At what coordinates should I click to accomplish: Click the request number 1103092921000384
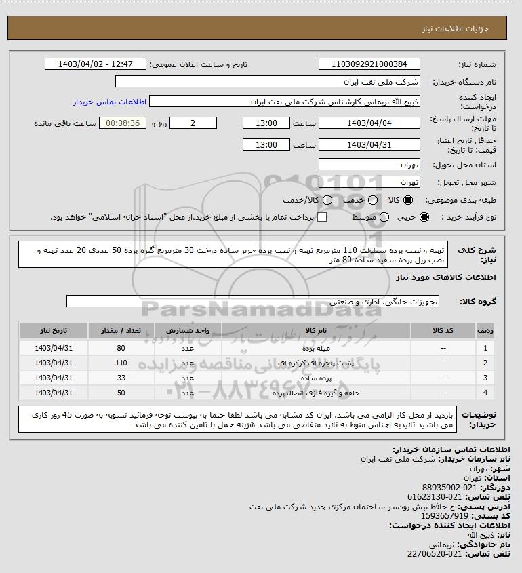pos(369,64)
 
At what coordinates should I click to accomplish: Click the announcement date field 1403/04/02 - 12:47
pos(95,64)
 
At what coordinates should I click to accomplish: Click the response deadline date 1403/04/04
pos(369,123)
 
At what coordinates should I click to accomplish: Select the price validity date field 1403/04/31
pos(369,144)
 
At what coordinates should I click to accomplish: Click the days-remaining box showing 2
pos(193,123)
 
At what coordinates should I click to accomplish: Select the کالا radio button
pos(408,201)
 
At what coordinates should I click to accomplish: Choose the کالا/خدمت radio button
pos(327,201)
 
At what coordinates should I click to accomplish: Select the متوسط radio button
pos(384,217)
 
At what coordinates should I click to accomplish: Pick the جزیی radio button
pos(425,217)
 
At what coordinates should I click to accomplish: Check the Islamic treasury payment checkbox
pos(322,217)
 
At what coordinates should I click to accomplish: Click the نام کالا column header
pos(316,330)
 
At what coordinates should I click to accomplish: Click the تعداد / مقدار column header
pos(121,330)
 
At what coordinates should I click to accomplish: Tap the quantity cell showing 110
pos(121,363)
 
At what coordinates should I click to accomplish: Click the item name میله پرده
pos(316,348)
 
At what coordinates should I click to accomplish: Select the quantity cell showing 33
pos(121,378)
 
